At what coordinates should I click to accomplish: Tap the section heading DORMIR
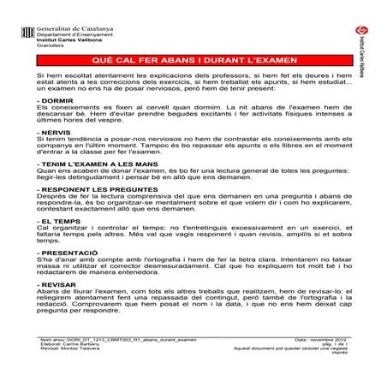[57, 101]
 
